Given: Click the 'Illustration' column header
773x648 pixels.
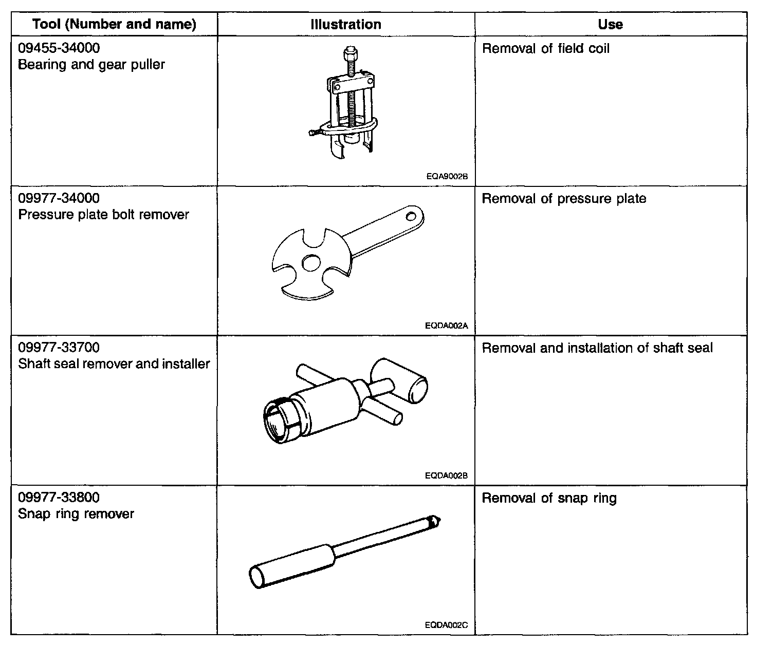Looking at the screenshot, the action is [346, 24].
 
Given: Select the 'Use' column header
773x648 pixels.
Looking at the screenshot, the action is [611, 24].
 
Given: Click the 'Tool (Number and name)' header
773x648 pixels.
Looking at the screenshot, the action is [114, 24].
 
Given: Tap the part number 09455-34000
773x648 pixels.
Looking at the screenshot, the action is [59, 48].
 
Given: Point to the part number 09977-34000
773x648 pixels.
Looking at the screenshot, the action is [59, 198].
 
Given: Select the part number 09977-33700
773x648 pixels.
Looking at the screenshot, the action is [59, 348].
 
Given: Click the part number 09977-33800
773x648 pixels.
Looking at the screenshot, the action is [59, 497].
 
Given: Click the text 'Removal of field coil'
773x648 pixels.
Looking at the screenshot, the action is [546, 49].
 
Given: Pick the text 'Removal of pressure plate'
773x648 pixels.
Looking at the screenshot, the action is [564, 199].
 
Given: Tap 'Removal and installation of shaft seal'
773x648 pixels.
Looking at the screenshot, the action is [597, 348].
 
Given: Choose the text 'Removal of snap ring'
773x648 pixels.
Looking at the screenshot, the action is [549, 498].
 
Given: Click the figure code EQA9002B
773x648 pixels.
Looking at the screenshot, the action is [447, 176].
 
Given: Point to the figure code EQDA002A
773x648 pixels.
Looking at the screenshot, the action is [446, 326].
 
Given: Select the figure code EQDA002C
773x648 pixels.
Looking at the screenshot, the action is [446, 625].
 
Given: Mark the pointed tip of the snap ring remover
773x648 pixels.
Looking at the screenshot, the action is [437, 521].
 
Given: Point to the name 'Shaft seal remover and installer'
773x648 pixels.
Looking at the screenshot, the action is [114, 364].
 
